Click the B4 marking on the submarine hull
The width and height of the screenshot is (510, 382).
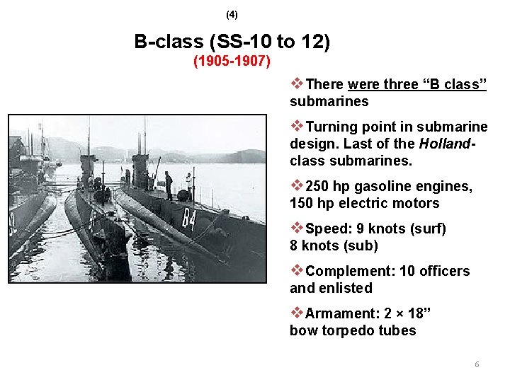[x=188, y=218]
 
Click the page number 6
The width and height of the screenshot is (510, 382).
[x=477, y=364]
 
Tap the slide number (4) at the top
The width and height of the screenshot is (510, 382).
[x=232, y=14]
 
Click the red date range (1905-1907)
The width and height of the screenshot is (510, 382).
[x=232, y=61]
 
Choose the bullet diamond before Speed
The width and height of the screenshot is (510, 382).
[x=297, y=228]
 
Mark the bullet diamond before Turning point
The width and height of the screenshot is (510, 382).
[x=297, y=126]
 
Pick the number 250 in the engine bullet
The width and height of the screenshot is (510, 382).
[x=316, y=186]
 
